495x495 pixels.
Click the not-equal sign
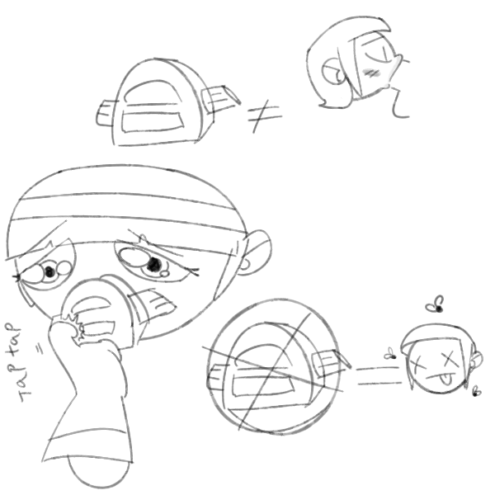tap(265, 116)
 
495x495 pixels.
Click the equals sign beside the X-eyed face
tap(379, 375)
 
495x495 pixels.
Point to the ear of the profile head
tap(332, 72)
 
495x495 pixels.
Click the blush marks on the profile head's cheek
tap(370, 73)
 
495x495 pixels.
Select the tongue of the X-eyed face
tap(446, 379)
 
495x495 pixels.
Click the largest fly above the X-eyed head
tap(436, 304)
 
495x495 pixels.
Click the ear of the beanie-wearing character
tap(257, 252)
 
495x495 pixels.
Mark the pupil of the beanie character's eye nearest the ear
tap(154, 264)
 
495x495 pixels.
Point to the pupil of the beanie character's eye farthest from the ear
tap(49, 271)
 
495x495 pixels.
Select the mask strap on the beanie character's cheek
tap(153, 304)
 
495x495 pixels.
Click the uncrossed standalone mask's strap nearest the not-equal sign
tap(221, 99)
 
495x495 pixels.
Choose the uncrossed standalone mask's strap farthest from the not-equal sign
tap(106, 113)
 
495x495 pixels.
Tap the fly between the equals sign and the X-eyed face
tap(390, 354)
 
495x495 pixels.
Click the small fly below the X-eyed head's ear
tap(476, 393)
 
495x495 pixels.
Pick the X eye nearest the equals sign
tap(418, 364)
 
